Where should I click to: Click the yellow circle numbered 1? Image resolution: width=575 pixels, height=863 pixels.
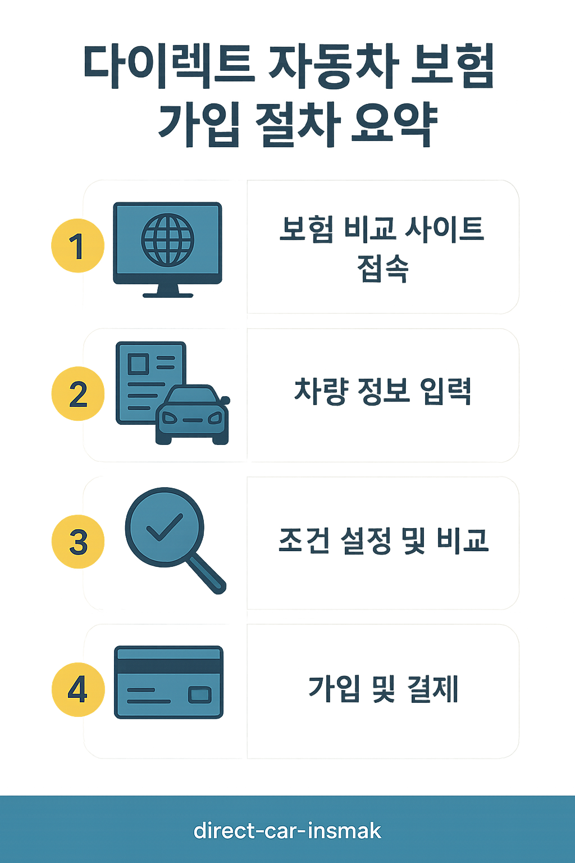coord(77,246)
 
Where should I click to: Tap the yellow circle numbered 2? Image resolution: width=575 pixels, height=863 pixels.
coord(78,393)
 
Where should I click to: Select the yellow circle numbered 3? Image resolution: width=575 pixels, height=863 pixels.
coord(78,541)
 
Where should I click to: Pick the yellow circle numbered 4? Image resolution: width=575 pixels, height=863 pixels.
coord(78,689)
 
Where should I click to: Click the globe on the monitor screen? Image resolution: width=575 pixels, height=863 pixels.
coord(167,240)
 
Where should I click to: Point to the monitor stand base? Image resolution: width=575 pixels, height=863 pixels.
coord(167,294)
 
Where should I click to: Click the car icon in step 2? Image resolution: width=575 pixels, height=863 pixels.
coord(193,416)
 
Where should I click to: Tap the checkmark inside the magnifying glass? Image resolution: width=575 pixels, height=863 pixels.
coord(164,527)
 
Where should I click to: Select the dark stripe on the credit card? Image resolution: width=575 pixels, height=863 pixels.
coord(168,666)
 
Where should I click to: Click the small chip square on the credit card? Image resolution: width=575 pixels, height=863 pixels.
coord(199,695)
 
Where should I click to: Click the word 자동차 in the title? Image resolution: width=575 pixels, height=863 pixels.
coord(334,66)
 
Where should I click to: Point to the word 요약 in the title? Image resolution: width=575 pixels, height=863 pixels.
coord(393,124)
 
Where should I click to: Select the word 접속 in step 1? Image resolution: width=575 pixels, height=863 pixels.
coord(383,268)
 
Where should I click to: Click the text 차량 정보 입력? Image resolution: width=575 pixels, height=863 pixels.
coord(383,392)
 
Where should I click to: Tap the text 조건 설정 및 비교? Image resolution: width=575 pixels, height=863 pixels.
coord(384,540)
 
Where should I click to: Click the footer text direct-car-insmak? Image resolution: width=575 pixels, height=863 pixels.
coord(287,830)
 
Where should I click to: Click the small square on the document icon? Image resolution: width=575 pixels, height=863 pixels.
coord(139,364)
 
